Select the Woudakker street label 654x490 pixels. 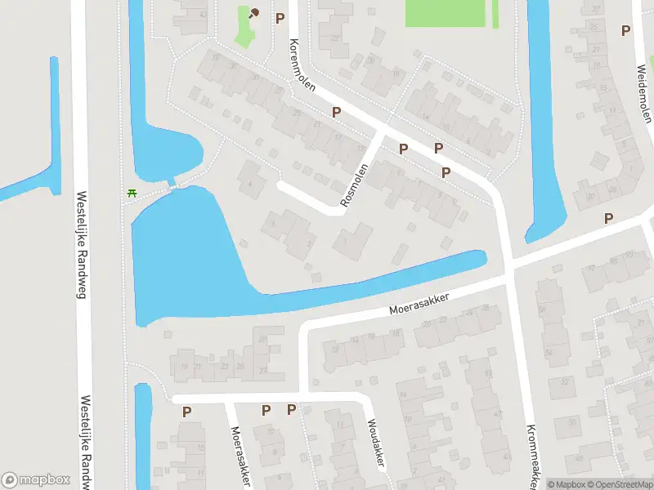376,444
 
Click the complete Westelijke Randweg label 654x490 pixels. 81,244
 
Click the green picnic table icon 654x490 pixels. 132,193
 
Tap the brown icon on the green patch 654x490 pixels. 253,13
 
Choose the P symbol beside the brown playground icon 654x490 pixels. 280,17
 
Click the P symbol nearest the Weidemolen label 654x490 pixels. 626,30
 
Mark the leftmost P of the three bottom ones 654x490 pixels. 187,412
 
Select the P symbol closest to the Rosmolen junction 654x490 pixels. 403,148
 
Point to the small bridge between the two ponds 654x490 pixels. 172,183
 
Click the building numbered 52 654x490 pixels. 564,381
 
